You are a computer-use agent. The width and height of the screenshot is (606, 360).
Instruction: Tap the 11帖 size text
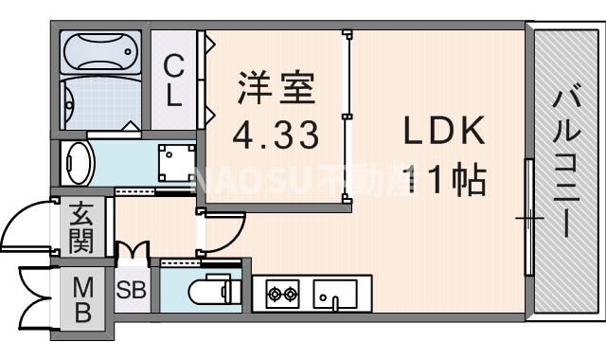click(x=444, y=178)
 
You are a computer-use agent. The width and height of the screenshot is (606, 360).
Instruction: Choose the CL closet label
click(x=173, y=80)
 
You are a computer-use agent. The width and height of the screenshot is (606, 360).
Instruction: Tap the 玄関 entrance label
click(x=80, y=227)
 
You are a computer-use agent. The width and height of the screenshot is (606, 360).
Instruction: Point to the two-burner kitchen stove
click(x=280, y=295)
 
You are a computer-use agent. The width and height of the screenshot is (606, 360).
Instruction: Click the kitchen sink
click(x=333, y=295)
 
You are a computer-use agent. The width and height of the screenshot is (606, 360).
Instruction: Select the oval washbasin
click(x=77, y=163)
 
